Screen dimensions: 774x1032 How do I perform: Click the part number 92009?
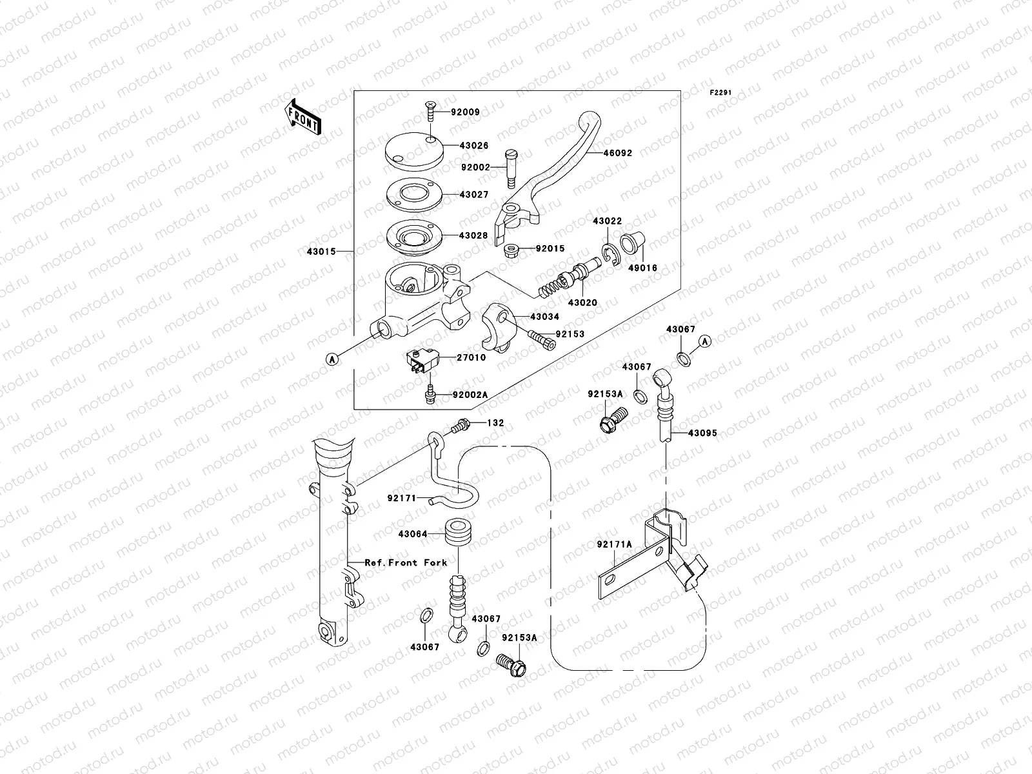465,112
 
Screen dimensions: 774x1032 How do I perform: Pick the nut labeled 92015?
511,248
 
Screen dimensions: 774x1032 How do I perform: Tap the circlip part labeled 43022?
609,255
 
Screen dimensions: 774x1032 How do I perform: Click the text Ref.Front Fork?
406,562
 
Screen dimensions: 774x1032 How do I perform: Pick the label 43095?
702,433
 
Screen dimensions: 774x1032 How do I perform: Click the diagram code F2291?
721,93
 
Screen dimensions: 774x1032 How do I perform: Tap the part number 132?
496,423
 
